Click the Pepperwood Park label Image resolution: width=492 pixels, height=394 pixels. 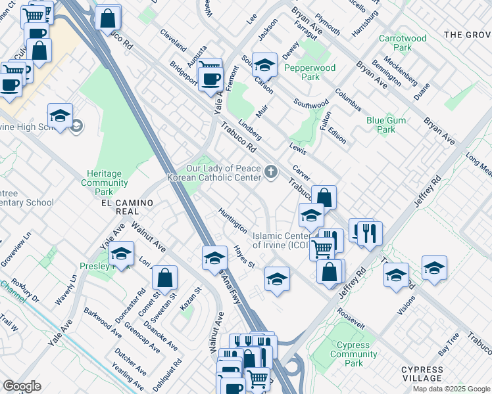point(318,72)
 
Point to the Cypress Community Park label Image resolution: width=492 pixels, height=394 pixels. point(354,354)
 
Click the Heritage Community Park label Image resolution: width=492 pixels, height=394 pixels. point(104,183)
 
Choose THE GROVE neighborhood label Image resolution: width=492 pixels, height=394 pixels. point(467,34)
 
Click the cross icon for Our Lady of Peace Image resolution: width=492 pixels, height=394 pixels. point(270,173)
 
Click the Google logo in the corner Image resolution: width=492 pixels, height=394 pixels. point(22,385)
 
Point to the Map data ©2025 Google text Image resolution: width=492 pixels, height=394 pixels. point(451,389)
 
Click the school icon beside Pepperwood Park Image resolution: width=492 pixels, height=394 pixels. point(264,64)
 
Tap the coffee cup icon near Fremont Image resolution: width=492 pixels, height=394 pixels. point(210,79)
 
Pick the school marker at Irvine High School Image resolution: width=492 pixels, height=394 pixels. point(60,116)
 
